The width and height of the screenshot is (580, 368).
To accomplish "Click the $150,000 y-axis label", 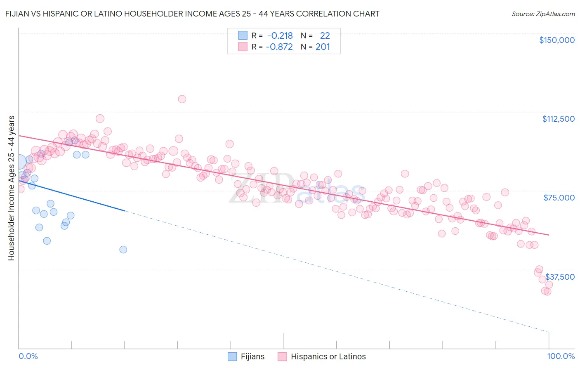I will (556, 40).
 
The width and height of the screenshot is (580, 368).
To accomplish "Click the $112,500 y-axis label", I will (558, 119).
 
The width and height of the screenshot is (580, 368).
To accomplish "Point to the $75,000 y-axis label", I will (559, 198).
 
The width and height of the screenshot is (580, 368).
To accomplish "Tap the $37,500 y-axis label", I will (560, 277).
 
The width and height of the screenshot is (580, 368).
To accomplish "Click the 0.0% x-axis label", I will (28, 356).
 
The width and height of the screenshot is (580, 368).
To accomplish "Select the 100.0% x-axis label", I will (561, 356).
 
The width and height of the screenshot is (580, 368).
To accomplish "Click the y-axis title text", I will (11, 188).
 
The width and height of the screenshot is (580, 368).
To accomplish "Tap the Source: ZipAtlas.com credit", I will (543, 14).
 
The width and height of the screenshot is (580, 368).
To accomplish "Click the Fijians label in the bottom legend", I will (252, 356).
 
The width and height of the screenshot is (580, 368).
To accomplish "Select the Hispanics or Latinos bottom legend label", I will (328, 356).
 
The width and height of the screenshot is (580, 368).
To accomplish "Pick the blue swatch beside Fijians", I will (233, 356).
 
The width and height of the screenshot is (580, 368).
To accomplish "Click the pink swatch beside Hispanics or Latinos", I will (282, 356).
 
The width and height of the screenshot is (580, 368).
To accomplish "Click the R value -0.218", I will (280, 35).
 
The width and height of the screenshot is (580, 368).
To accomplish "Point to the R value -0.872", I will (279, 47).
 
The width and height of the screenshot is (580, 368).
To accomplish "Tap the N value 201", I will (323, 47).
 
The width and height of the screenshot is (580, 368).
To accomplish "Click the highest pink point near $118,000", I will (182, 99).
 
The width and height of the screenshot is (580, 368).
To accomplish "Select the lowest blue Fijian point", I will (123, 250).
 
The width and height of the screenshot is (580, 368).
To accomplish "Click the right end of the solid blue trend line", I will (125, 211).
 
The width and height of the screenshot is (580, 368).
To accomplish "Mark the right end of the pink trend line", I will (549, 235).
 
